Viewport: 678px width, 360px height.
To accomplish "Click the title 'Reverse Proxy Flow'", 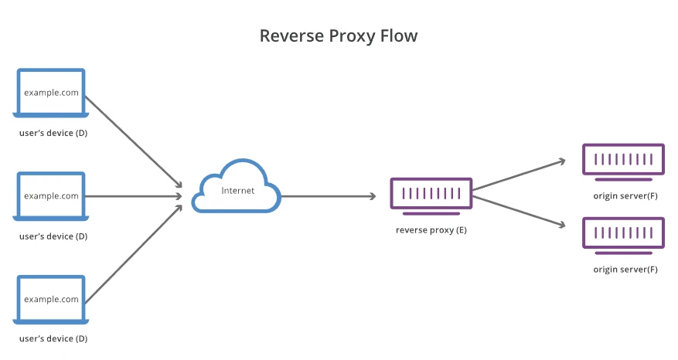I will [339, 36].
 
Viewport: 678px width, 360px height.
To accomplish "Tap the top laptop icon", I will [51, 93].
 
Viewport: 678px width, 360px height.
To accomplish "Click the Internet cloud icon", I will [236, 187].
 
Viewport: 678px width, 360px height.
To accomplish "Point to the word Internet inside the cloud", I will [237, 190].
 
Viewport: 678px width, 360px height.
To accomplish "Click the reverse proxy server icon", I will [431, 194].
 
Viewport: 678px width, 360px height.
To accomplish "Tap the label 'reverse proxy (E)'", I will [431, 230].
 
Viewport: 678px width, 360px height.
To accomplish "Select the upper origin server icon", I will [623, 160].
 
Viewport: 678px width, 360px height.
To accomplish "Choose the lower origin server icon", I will [623, 233].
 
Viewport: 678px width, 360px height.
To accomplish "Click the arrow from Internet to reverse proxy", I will [329, 196].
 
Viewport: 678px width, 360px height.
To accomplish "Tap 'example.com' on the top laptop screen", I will [51, 92].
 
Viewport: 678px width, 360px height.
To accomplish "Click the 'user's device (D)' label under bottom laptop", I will [53, 339].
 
